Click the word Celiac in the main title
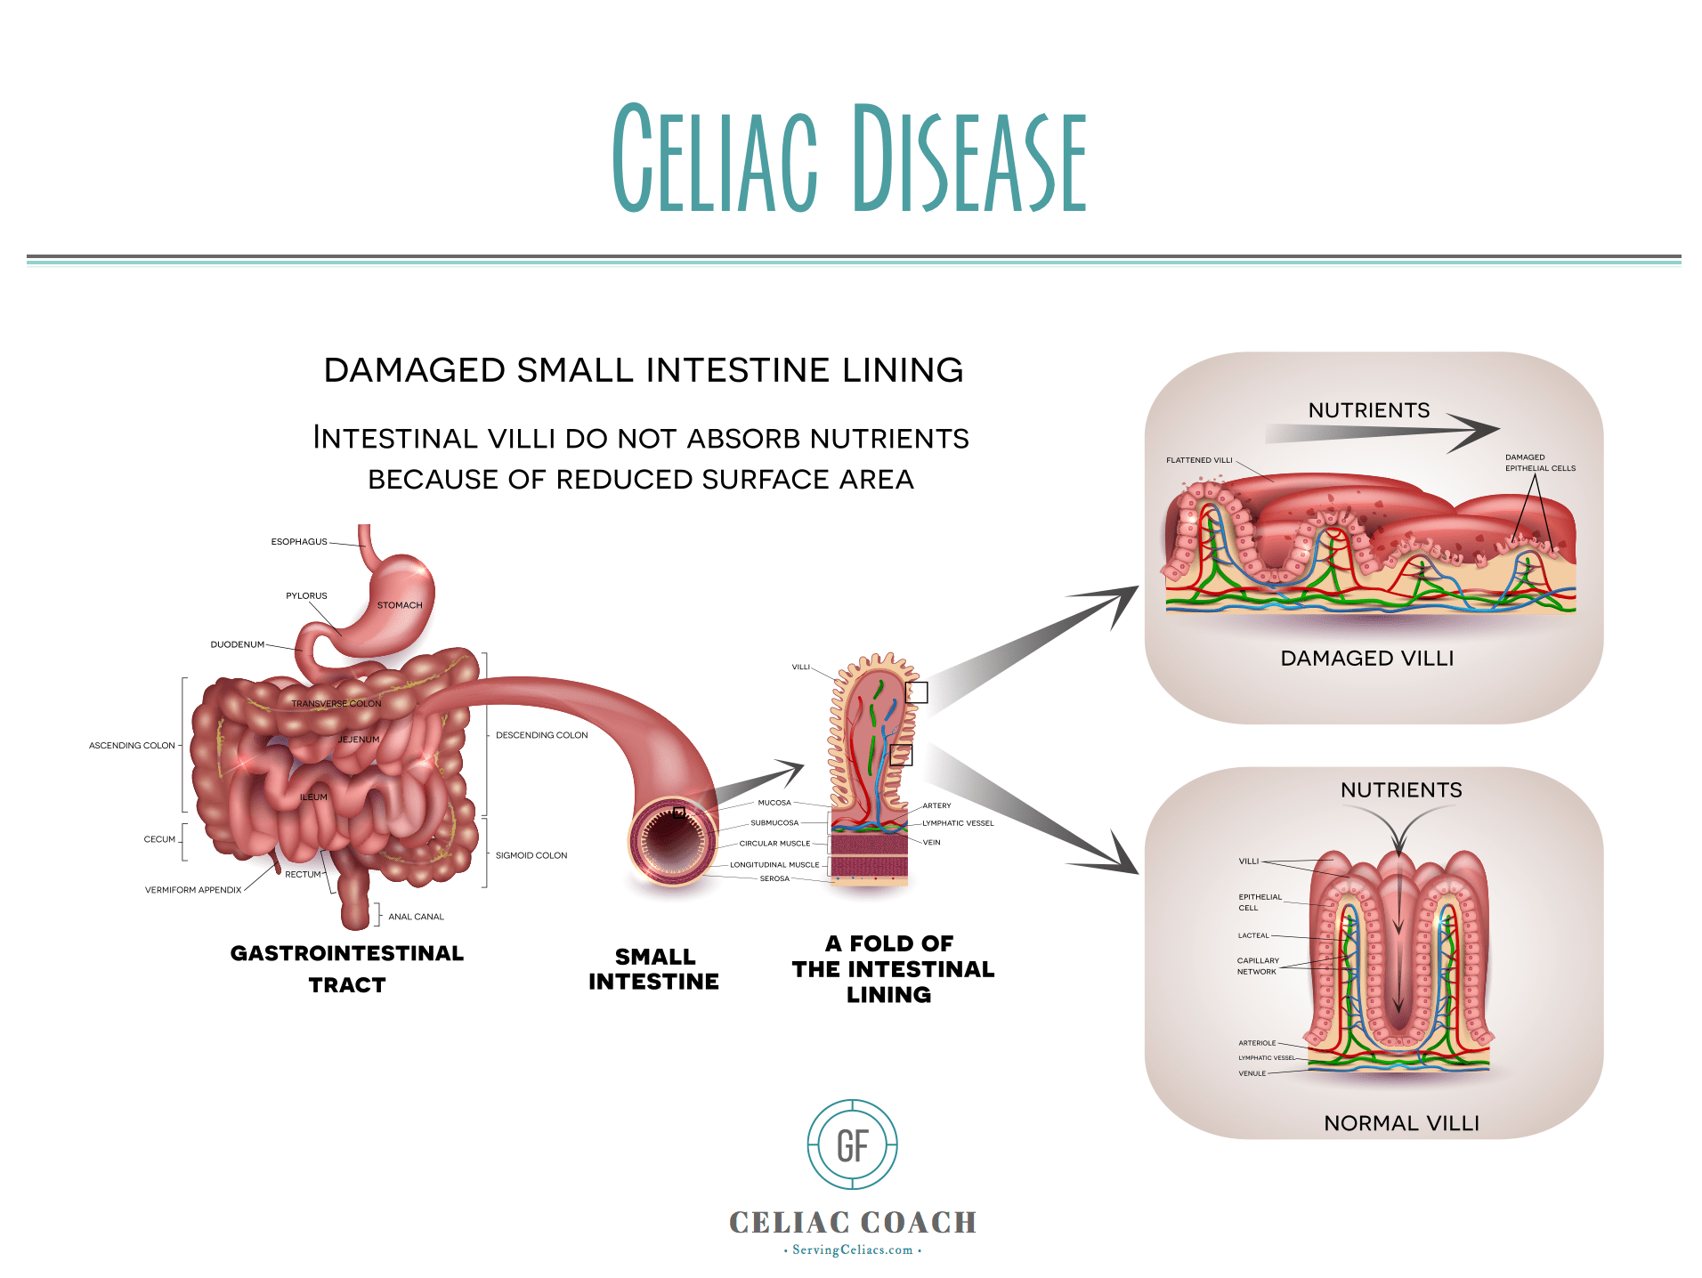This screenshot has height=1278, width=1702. point(715,158)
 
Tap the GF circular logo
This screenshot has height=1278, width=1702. point(852,1145)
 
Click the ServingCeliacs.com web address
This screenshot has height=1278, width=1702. point(852,1250)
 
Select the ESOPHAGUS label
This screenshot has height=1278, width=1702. point(299,541)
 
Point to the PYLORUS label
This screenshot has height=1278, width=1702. point(306,595)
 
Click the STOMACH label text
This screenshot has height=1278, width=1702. point(400,605)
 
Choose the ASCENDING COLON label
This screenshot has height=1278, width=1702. point(132,746)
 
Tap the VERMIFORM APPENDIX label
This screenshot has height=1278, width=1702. point(193,890)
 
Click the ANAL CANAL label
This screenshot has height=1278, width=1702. point(416,917)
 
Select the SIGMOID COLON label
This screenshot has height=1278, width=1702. point(531,855)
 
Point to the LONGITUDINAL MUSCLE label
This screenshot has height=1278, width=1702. point(774,865)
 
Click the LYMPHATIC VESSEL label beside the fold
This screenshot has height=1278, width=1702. point(958,823)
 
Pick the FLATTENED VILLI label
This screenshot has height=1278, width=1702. point(1199,460)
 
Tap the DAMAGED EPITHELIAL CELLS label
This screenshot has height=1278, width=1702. point(1539,463)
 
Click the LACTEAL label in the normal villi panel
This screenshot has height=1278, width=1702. point(1253,935)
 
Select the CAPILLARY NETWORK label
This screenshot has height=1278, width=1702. point(1257,966)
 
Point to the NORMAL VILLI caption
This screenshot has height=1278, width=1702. point(1401,1123)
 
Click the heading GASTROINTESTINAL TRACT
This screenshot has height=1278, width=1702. point(347,968)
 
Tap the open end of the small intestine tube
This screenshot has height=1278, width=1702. point(672,840)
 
